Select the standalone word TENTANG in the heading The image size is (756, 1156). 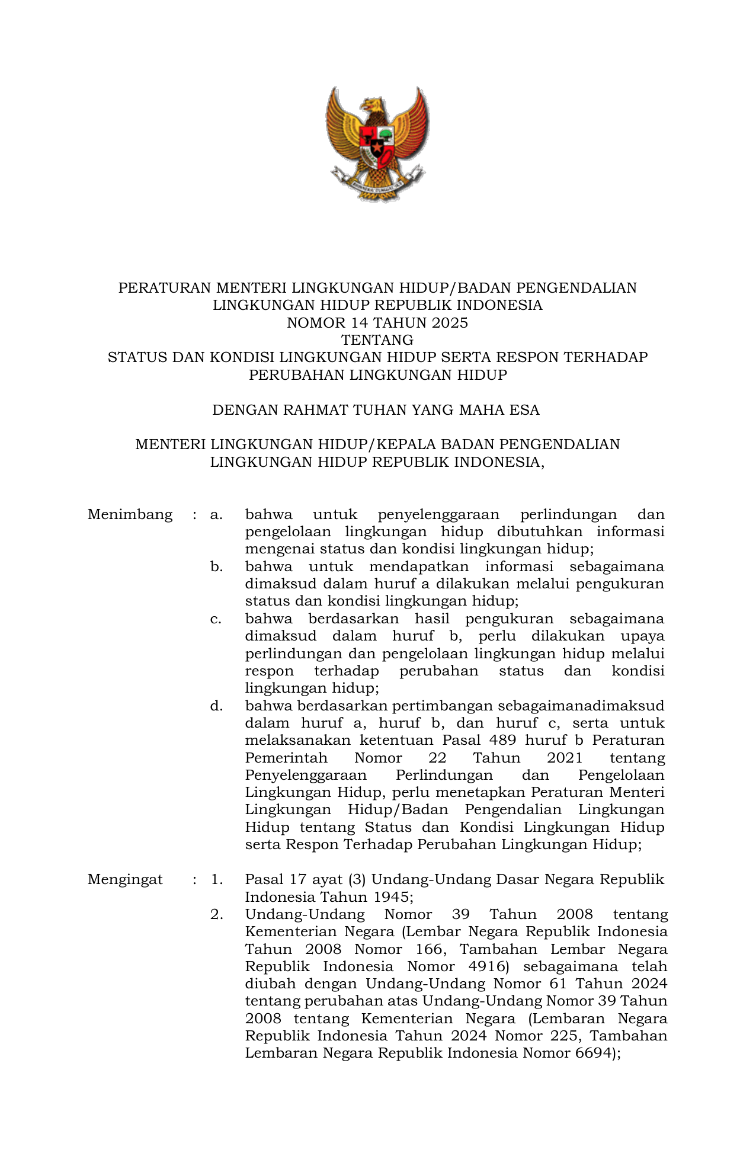click(x=377, y=340)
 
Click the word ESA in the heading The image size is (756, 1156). click(x=524, y=410)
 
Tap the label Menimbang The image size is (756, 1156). click(x=130, y=514)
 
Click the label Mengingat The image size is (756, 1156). click(x=125, y=879)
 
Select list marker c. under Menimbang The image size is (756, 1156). click(x=216, y=619)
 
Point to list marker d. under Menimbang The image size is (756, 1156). click(x=216, y=706)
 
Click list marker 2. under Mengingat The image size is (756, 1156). click(x=217, y=914)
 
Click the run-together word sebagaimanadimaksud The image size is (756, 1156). click(x=581, y=706)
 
